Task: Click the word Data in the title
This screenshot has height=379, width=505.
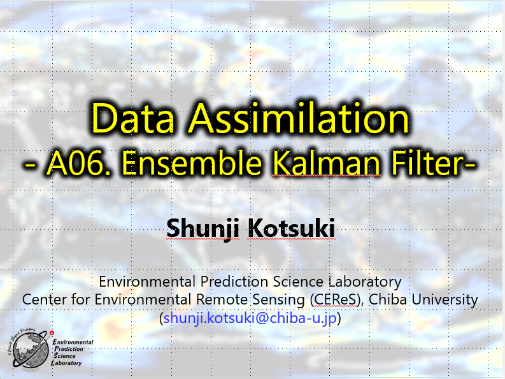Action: (x=132, y=118)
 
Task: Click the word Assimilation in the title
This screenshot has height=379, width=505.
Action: (x=299, y=118)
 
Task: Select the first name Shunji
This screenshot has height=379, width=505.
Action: (x=203, y=229)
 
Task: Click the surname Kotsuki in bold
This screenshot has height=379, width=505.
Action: (x=291, y=228)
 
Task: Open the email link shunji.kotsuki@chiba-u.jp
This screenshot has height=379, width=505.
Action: (x=250, y=318)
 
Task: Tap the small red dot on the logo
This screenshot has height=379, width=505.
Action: (x=52, y=333)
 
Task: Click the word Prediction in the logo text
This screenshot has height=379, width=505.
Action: (x=69, y=349)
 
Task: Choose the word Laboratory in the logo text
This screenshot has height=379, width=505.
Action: (x=66, y=363)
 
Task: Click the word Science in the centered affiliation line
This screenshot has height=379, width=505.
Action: (x=298, y=282)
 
